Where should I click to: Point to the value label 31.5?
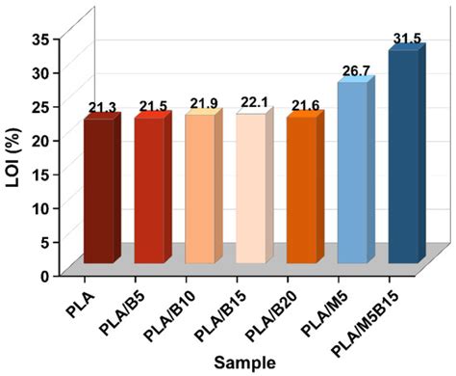(x=407, y=39)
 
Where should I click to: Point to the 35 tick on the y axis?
(x=41, y=39)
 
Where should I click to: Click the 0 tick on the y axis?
(x=45, y=275)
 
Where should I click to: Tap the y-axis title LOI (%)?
(x=13, y=154)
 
